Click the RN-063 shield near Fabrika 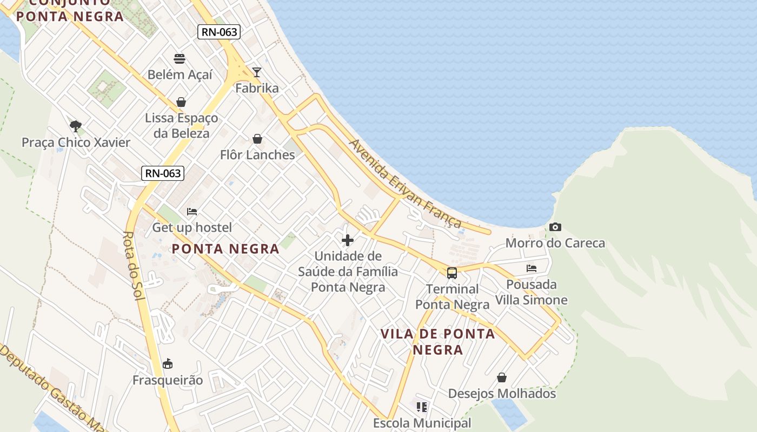218,32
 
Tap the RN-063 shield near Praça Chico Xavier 163,173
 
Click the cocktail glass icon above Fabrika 257,72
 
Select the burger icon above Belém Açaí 180,58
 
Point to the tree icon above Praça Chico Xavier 76,126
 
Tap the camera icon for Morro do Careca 555,227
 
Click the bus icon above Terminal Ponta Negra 452,273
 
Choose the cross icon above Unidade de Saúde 348,240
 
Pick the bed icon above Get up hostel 192,212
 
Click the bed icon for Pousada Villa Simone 531,268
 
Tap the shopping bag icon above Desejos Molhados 502,377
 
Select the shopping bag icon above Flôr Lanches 257,139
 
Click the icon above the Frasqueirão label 168,363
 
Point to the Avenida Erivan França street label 406,184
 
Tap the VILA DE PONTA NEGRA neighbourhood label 438,341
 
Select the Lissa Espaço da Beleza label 181,125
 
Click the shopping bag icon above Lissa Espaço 181,102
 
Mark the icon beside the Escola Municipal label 422,407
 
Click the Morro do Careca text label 555,243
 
